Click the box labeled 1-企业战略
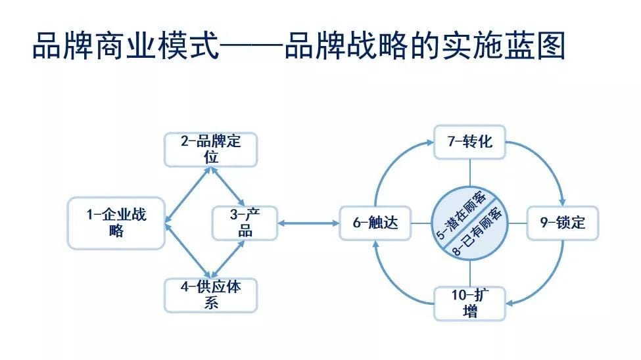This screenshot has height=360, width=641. point(116,223)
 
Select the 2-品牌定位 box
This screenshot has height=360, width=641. point(210,150)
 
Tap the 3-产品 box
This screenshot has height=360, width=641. point(245,223)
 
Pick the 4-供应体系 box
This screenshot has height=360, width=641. point(210,296)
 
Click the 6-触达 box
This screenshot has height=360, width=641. point(375,223)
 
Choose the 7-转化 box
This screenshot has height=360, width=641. point(469,142)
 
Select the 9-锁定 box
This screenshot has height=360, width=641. point(563,223)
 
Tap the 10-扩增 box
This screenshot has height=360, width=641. point(469,304)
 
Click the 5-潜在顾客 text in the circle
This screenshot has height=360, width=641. point(462,214)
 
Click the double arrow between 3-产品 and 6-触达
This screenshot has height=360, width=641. point(308,223)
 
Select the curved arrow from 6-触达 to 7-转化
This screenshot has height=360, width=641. point(393,163)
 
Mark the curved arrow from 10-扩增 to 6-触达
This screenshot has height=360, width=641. point(392,282)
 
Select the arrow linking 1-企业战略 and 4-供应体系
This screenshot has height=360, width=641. point(187,251)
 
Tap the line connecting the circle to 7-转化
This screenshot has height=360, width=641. point(469,172)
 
